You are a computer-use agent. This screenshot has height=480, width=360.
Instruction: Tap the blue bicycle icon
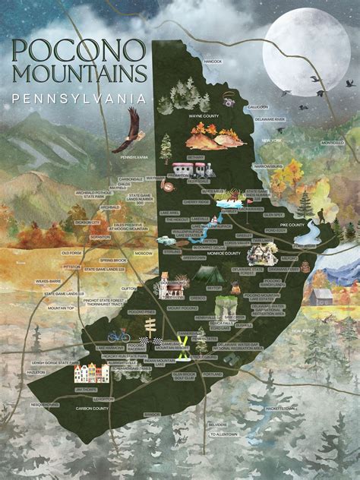118,334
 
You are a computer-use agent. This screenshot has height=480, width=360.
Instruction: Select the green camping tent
206,274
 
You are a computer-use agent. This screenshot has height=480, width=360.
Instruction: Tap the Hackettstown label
281,409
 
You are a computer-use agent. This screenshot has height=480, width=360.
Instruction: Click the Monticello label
332,142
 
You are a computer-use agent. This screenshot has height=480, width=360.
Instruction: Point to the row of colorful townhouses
91,373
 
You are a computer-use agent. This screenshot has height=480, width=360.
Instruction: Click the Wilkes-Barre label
47,281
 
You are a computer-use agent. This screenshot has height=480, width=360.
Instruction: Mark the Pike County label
302,225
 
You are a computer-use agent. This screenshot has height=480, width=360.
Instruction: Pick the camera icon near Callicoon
228,101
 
